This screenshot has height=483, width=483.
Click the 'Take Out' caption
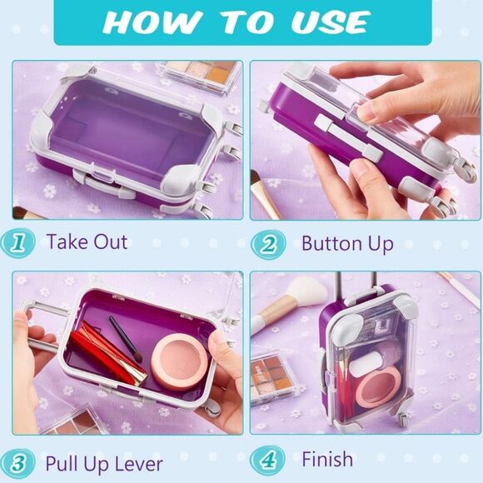(x=87, y=243)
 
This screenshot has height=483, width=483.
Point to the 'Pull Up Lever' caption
(x=104, y=463)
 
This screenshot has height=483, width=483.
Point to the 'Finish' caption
(x=327, y=460)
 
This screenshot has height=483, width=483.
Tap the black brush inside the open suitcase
(x=124, y=333)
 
